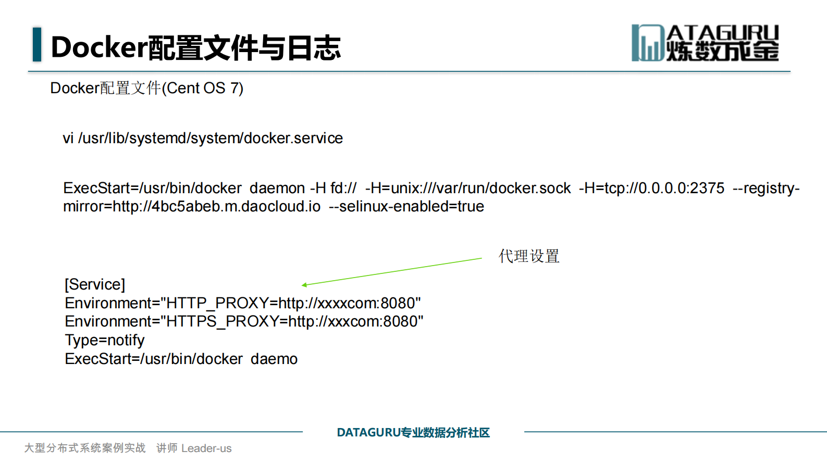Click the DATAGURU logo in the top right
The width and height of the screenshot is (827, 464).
tap(705, 43)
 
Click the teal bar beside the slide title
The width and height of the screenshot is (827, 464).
tap(37, 44)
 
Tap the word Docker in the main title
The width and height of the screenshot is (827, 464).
tap(99, 47)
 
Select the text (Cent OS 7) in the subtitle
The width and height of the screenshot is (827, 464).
tap(203, 88)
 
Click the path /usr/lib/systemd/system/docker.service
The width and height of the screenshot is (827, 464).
tap(211, 138)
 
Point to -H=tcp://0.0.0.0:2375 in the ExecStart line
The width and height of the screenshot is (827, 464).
tap(651, 188)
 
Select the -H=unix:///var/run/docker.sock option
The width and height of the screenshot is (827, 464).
tap(468, 188)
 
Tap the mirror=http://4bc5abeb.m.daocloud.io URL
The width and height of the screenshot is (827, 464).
tap(192, 206)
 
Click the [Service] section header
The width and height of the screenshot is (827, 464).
tap(95, 284)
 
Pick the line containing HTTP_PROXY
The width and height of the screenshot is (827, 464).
tap(243, 303)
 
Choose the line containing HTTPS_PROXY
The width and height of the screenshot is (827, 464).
tap(244, 321)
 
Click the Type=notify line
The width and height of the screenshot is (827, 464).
tap(105, 340)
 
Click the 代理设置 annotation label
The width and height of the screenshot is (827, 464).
tap(529, 256)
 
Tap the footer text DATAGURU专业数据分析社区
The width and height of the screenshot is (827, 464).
tap(413, 432)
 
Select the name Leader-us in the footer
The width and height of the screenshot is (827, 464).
tap(206, 448)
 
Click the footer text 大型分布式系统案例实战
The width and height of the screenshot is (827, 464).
tap(85, 448)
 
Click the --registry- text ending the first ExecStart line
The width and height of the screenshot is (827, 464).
tap(766, 188)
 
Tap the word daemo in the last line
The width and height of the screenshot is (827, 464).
tap(274, 359)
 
